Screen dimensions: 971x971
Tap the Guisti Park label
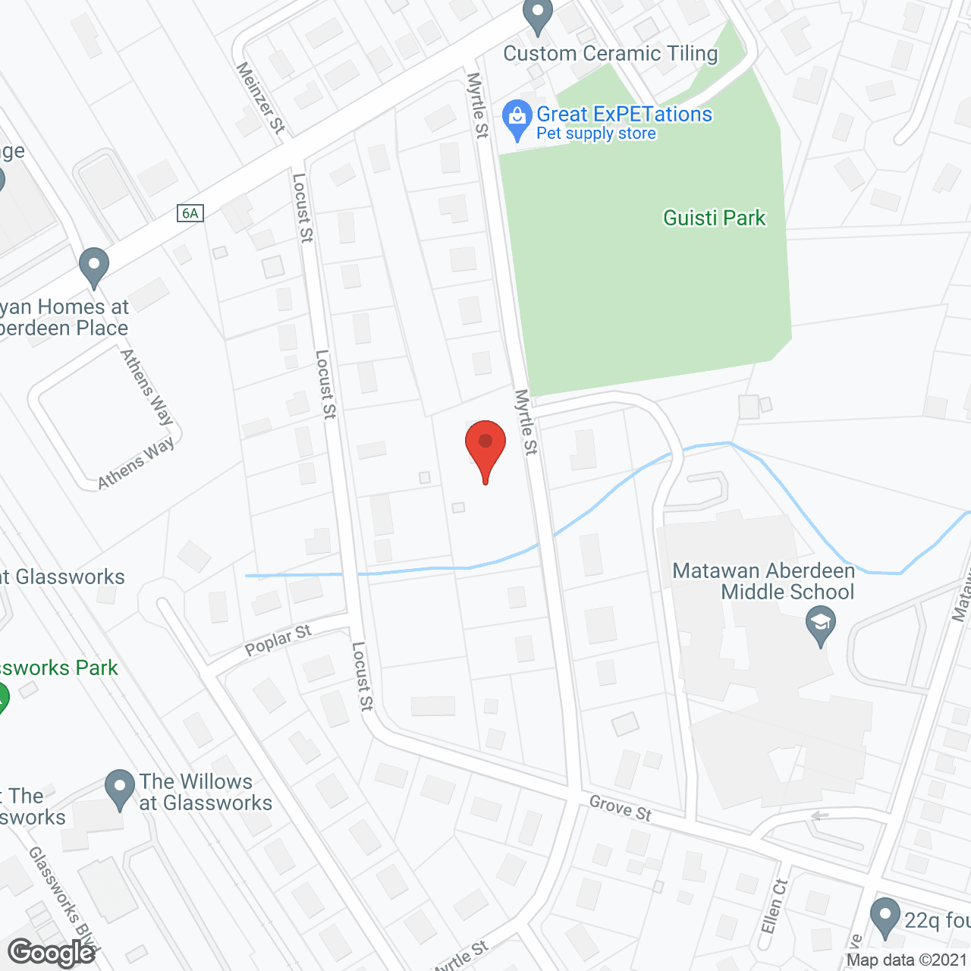click(x=714, y=218)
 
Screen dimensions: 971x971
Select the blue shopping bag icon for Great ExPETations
click(x=517, y=118)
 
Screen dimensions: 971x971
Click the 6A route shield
click(x=190, y=213)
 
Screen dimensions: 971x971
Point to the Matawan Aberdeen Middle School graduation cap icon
click(x=820, y=626)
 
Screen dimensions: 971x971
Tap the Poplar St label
click(x=278, y=641)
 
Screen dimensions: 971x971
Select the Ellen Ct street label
click(x=775, y=907)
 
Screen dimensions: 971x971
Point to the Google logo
click(x=52, y=953)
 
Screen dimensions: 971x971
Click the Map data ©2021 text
click(x=906, y=960)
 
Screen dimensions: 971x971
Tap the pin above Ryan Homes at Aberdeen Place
click(x=94, y=267)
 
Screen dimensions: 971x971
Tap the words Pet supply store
click(x=596, y=134)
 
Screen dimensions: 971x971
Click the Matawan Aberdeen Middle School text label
click(x=764, y=581)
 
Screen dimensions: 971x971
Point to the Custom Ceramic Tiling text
click(x=611, y=54)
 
